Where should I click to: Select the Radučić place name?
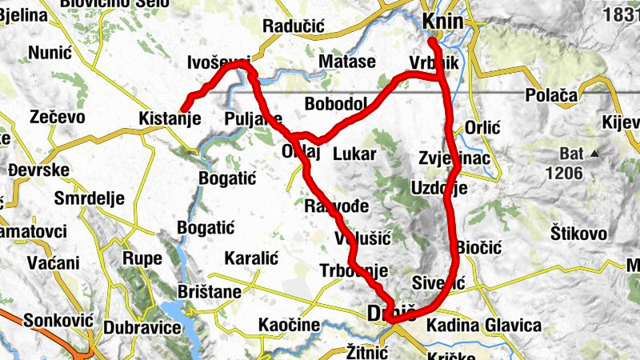point(293,26)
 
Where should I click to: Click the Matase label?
point(346,62)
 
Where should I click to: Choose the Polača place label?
point(551,95)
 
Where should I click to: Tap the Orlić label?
point(482,127)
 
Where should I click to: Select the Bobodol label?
point(335,104)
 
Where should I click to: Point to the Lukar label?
point(354,153)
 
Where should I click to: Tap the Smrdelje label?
point(91,198)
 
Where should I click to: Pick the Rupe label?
point(142,258)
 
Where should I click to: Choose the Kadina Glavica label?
point(484,326)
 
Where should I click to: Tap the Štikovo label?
point(578,233)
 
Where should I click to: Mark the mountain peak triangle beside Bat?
point(594,153)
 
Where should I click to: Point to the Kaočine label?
point(289,326)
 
